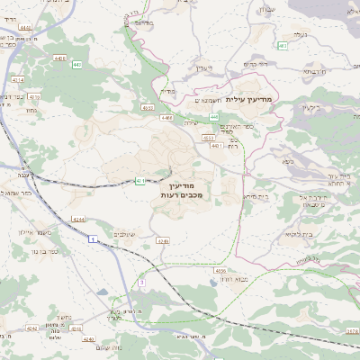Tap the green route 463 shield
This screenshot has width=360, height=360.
[x=283, y=45]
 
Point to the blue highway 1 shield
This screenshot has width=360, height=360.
[x=93, y=238]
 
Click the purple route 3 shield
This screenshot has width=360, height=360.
[x=141, y=283]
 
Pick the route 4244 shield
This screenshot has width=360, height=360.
[x=79, y=220]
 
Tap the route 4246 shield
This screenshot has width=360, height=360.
[x=163, y=241]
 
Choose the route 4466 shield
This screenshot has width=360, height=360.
[x=166, y=117]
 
